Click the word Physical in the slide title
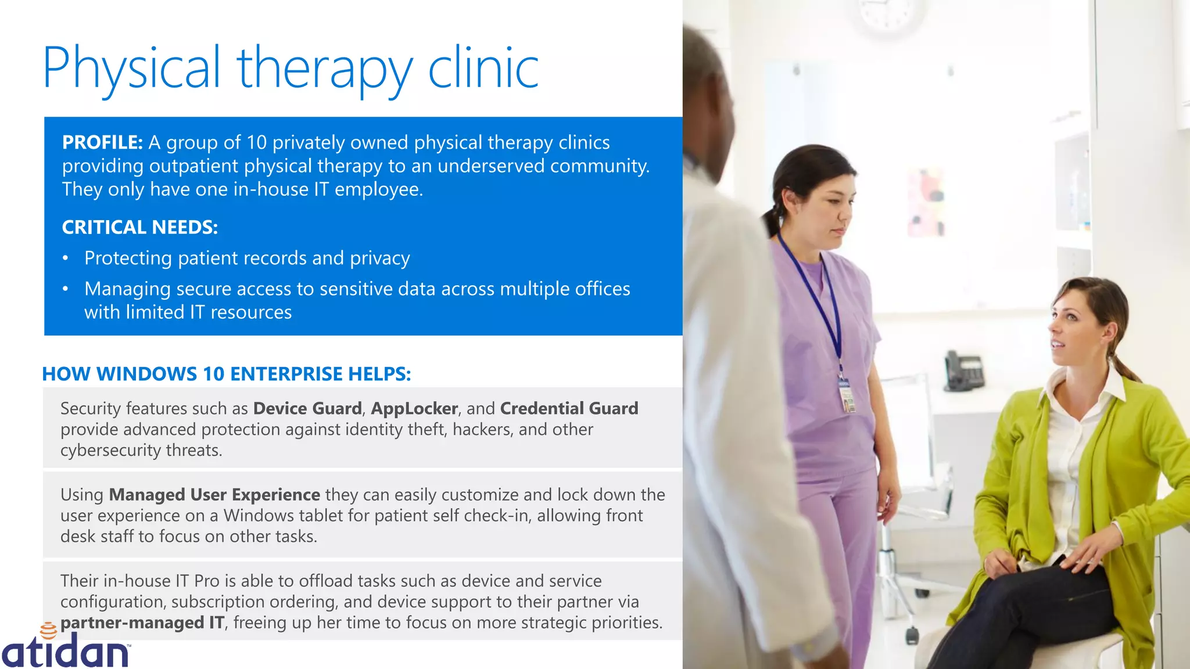coord(131,69)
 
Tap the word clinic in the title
coord(483,69)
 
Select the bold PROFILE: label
coord(102,142)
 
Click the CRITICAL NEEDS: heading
coord(139,227)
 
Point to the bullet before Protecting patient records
coord(66,258)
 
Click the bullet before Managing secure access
coord(66,289)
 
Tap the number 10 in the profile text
coord(256,142)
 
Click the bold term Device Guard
coord(307,408)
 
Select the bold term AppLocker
coord(414,408)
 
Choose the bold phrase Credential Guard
coord(569,408)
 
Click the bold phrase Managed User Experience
coord(214,495)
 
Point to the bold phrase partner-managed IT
coord(142,623)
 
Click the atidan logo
coord(65,649)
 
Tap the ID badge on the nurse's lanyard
coord(846,394)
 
